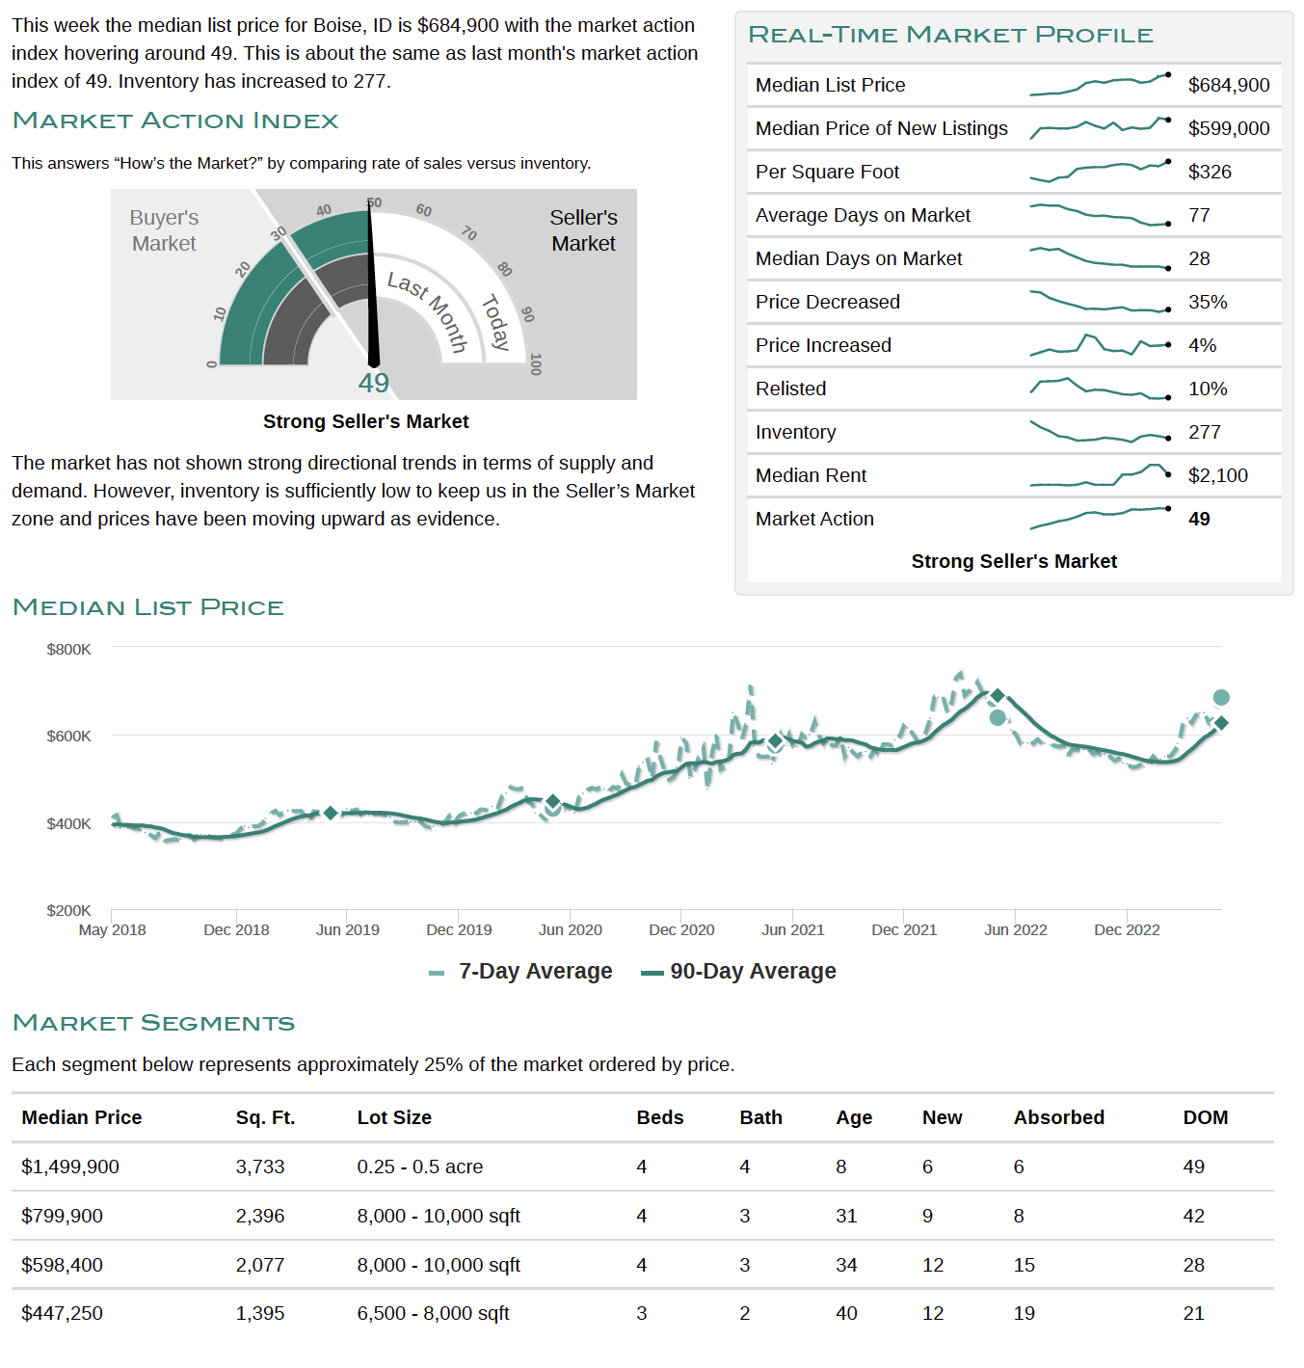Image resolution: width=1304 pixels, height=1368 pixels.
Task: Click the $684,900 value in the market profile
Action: tap(1228, 85)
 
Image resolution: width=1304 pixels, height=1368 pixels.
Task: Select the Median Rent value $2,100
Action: tap(1217, 475)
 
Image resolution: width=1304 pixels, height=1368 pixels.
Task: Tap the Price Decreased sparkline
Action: tap(1100, 302)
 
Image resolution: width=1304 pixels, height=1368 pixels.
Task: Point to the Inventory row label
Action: tap(795, 432)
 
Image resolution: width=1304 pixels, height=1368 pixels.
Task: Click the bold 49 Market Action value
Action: tap(1198, 519)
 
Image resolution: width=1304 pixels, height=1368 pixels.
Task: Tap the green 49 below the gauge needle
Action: tap(374, 383)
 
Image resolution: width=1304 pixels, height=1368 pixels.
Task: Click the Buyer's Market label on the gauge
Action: tap(164, 230)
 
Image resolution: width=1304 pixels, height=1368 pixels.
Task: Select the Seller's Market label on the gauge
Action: tap(583, 230)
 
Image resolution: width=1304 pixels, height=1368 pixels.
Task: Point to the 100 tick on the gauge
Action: tap(535, 363)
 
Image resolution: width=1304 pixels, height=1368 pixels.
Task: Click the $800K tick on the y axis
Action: tap(68, 649)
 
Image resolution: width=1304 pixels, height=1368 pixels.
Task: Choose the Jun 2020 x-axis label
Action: tap(570, 929)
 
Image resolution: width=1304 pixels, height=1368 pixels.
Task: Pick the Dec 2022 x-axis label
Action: tap(1127, 929)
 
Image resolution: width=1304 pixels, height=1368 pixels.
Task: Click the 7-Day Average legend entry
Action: tap(520, 971)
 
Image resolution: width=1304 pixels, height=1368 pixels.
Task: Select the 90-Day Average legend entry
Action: tap(738, 971)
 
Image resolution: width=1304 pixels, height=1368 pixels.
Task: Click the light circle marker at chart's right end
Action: tap(1220, 697)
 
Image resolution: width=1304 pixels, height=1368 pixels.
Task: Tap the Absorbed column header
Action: tap(1058, 1116)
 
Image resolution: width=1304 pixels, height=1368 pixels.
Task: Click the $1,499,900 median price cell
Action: tap(70, 1167)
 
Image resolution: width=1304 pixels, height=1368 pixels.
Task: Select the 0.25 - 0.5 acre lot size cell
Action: tap(419, 1167)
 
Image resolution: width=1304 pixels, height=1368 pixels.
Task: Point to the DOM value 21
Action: tap(1193, 1313)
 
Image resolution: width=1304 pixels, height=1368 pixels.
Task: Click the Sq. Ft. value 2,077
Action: tap(259, 1264)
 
